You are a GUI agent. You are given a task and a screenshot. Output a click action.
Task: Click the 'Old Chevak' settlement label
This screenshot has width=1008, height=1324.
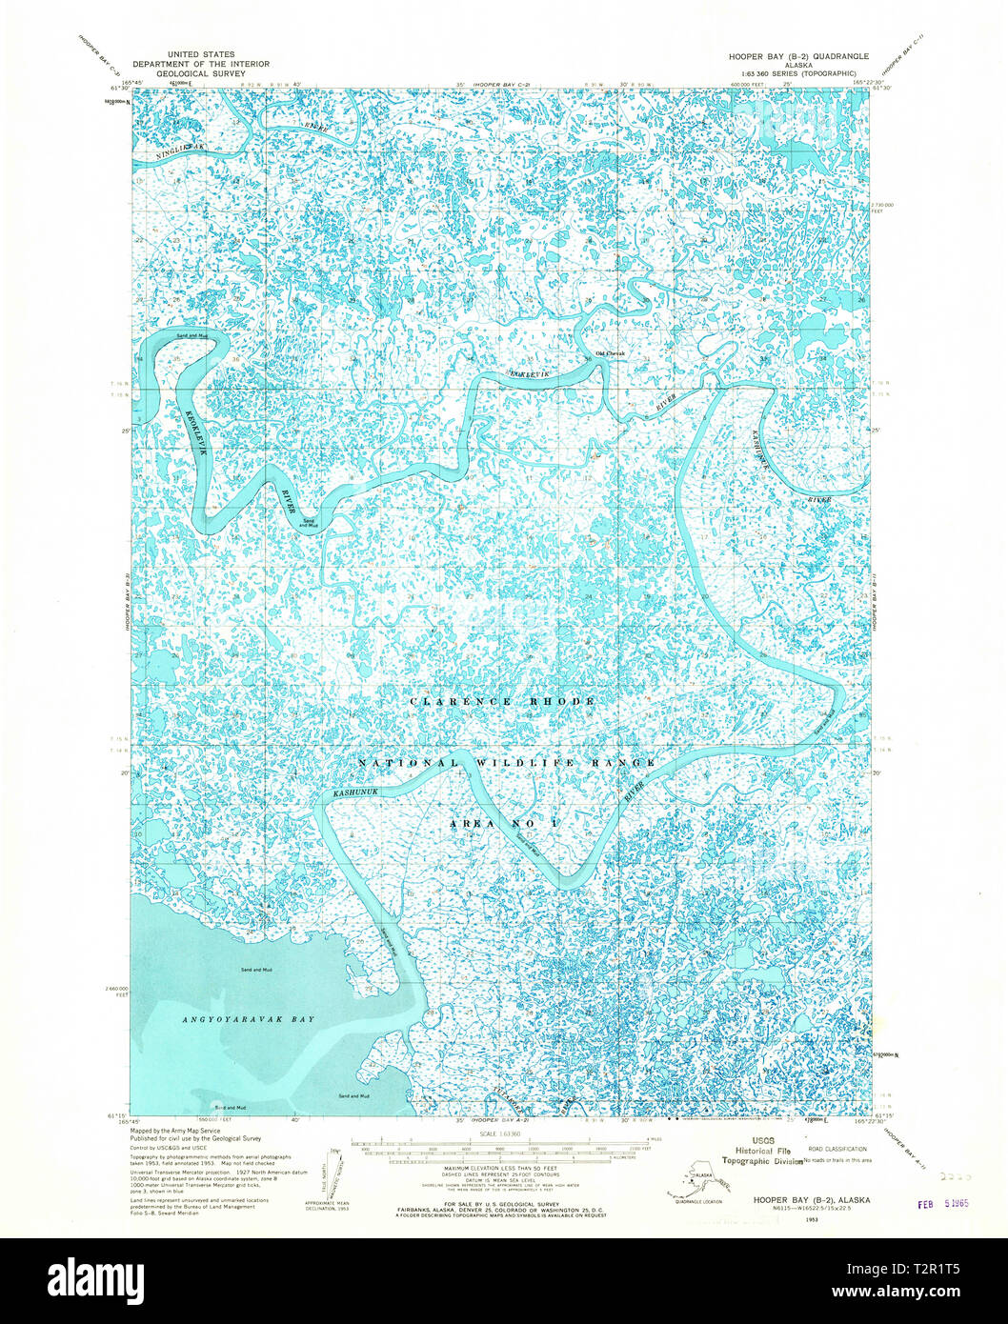(x=610, y=354)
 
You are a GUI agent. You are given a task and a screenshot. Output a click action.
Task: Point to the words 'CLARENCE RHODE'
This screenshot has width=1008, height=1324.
(x=502, y=701)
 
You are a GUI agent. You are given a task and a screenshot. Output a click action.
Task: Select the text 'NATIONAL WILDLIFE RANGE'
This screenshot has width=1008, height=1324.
(x=507, y=763)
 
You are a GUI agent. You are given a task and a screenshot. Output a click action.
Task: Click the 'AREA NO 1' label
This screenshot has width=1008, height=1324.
(x=506, y=821)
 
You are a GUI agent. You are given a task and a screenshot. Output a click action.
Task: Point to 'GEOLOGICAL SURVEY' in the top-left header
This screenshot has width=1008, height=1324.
(x=201, y=73)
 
